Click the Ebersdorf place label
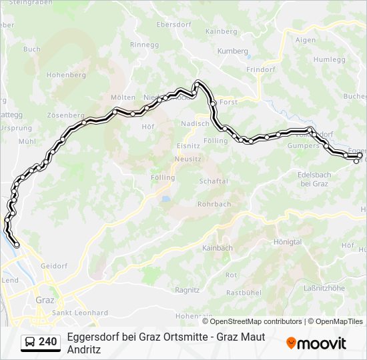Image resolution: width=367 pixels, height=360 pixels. click(x=173, y=25)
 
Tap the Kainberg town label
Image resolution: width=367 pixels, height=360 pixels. click(x=222, y=31)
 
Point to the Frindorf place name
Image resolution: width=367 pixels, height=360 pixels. click(x=261, y=69)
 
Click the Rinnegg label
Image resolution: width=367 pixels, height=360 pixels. click(x=145, y=45)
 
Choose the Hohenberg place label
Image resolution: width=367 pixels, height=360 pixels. click(x=66, y=75)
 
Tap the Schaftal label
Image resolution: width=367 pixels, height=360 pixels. click(x=214, y=181)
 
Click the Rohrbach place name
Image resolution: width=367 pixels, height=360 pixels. click(x=214, y=204)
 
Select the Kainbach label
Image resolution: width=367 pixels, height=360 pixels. click(x=217, y=248)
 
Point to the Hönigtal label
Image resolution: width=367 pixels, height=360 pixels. click(x=288, y=241)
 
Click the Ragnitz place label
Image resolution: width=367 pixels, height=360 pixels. click(x=188, y=290)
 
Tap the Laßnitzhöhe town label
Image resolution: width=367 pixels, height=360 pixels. click(x=324, y=288)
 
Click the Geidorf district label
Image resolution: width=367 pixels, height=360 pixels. click(x=54, y=266)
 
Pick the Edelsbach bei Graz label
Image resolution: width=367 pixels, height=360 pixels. click(x=314, y=179)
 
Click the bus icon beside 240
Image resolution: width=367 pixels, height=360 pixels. click(x=31, y=342)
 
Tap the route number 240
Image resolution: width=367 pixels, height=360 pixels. click(x=48, y=342)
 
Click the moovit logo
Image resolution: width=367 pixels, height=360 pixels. click(x=316, y=343)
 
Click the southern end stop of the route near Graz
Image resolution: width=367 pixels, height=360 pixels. click(x=17, y=245)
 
